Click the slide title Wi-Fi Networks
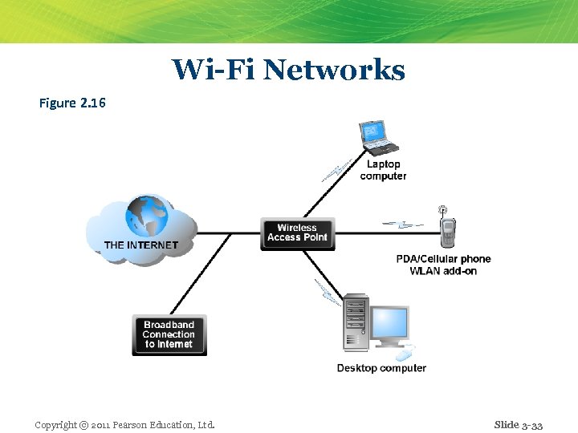[x=288, y=71]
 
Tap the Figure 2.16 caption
[x=72, y=103]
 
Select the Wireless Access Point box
[x=297, y=233]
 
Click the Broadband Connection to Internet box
[x=169, y=335]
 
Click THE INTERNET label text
[x=141, y=245]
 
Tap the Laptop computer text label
[x=383, y=170]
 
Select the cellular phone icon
[x=446, y=231]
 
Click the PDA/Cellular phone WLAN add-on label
[x=443, y=265]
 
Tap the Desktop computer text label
[x=381, y=368]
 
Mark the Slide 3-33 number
[x=519, y=424]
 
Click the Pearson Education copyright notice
[x=124, y=424]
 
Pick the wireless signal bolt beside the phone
[x=401, y=224]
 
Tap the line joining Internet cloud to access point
[x=229, y=233]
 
